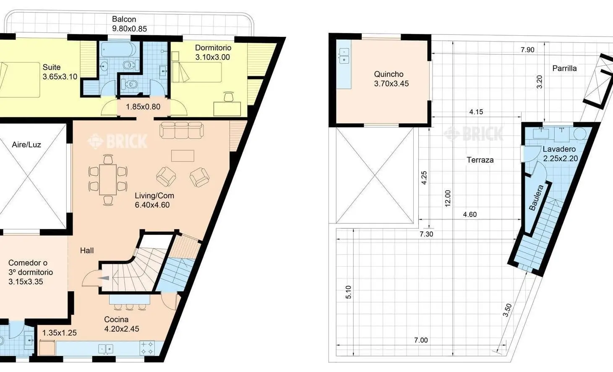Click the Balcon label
(x=124, y=19)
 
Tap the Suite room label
(x=52, y=67)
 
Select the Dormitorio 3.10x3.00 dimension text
(x=213, y=57)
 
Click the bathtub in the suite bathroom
(x=118, y=49)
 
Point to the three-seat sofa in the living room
(x=181, y=130)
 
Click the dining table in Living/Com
(x=108, y=179)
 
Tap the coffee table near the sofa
(x=183, y=156)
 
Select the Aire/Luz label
(x=26, y=144)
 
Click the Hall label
(x=87, y=250)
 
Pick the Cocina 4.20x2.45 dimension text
(x=122, y=329)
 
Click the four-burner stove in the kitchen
(x=147, y=348)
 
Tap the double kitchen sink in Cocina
(x=106, y=349)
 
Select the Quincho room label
(x=389, y=74)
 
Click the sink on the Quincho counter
(x=344, y=56)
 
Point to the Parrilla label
(x=564, y=68)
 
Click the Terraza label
(x=480, y=160)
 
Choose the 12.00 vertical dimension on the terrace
(x=448, y=198)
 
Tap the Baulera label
(x=536, y=197)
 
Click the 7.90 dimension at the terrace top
(x=527, y=50)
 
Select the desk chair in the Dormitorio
(x=229, y=97)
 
